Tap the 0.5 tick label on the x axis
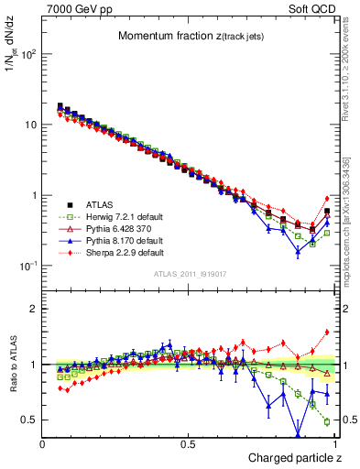tap(188, 444)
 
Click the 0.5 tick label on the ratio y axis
tap(30, 420)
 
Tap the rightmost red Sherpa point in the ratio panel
tap(327, 333)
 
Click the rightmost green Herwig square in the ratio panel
tap(327, 421)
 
